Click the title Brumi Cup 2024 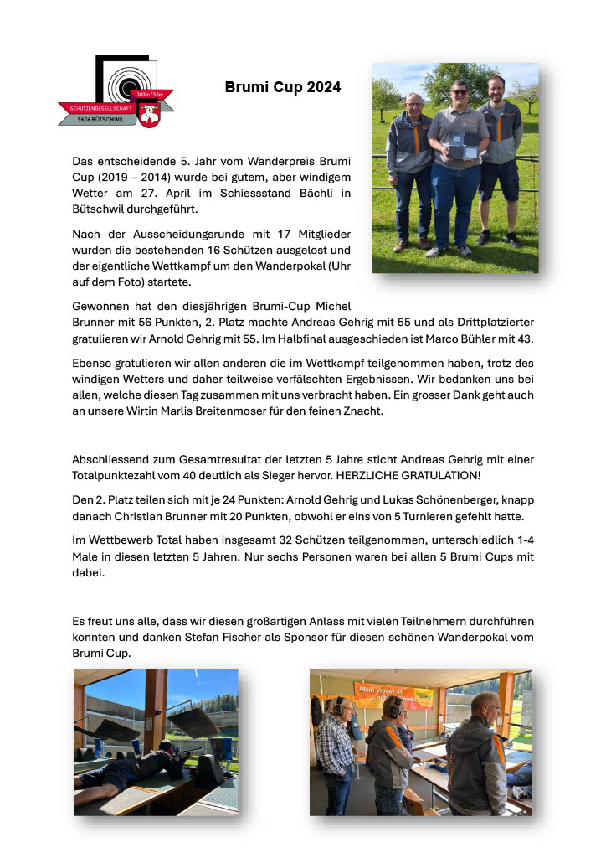point(282,87)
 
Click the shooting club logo point(117,92)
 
